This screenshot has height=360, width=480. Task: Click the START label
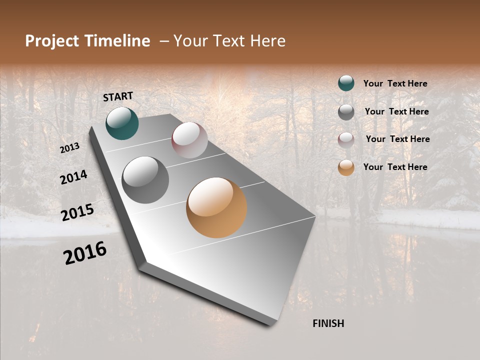[x=118, y=96]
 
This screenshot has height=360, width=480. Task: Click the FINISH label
[x=328, y=323]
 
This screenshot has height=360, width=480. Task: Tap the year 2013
[x=70, y=148]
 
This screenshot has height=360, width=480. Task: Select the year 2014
[x=73, y=177]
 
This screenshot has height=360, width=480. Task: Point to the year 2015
[x=77, y=212]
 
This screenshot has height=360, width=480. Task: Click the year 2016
[x=85, y=253]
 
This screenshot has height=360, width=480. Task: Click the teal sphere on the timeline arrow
[x=122, y=123]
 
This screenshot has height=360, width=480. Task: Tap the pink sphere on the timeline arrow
[x=189, y=140]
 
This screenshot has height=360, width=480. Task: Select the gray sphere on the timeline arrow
[x=145, y=180]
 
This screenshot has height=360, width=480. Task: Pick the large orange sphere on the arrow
[x=216, y=207]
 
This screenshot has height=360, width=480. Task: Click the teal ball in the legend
[x=346, y=83]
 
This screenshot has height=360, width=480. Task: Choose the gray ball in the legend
[x=346, y=111]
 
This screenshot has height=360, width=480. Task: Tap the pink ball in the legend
[x=346, y=139]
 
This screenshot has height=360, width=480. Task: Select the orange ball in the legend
[x=346, y=167]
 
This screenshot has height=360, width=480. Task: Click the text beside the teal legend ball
[x=395, y=83]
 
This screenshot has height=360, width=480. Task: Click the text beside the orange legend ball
[x=395, y=167]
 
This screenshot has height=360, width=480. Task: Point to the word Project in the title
[x=52, y=41]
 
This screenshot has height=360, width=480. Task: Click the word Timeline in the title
[x=118, y=41]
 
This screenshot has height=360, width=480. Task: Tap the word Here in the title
[x=268, y=41]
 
